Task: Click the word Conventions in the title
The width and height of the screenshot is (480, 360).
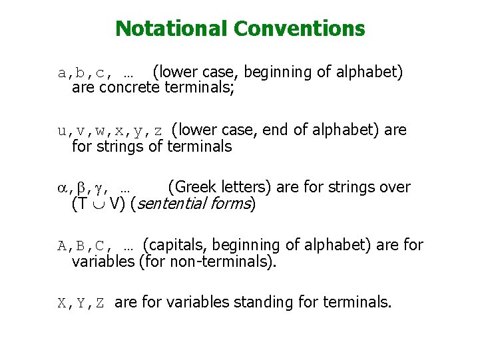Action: click(x=300, y=29)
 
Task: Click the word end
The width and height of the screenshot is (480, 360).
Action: click(x=276, y=130)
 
